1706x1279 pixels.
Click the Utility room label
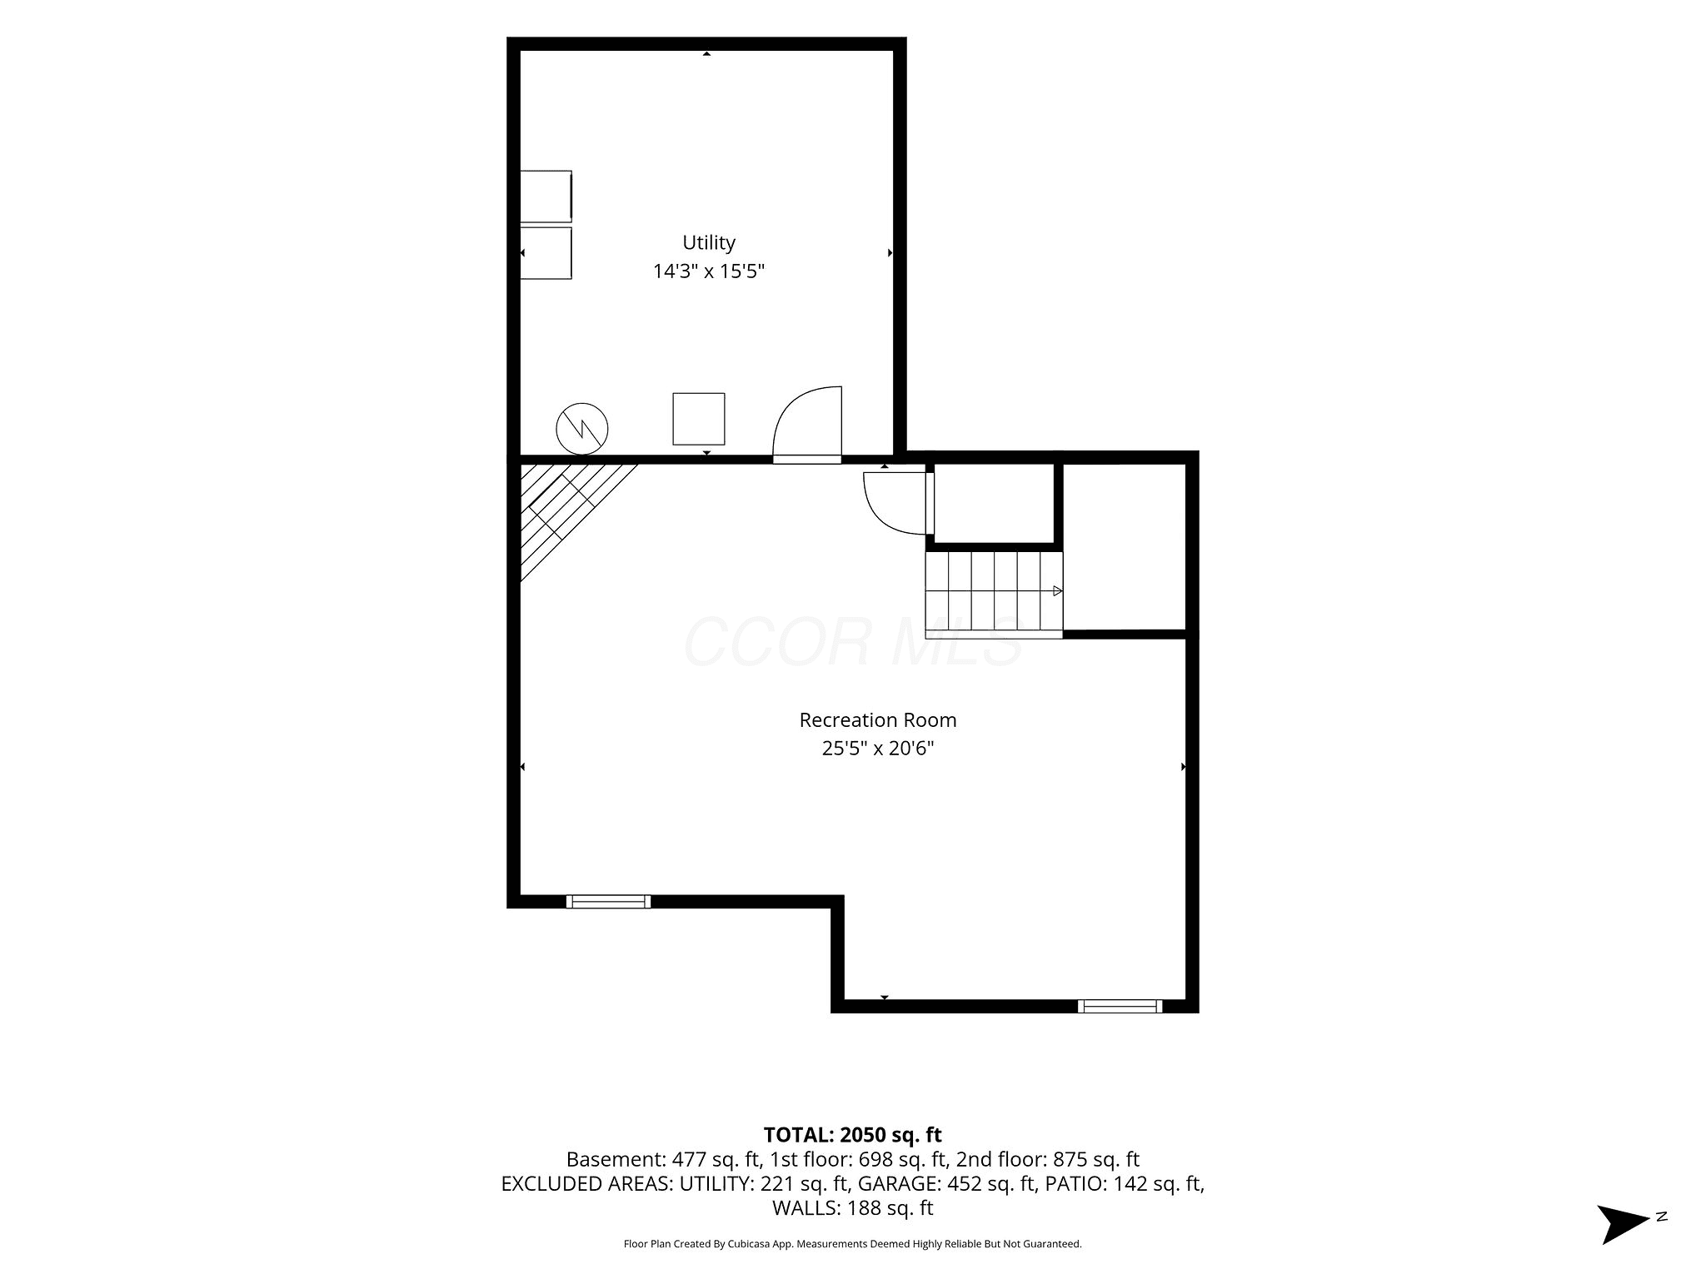[x=709, y=243]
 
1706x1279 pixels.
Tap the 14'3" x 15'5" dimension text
[x=709, y=271]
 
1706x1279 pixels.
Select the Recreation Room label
[x=878, y=719]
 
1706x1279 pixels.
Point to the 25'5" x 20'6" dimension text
[x=878, y=748]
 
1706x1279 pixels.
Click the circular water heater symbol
[x=582, y=429]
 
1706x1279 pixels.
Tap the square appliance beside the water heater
[x=699, y=419]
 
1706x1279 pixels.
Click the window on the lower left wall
[x=608, y=901]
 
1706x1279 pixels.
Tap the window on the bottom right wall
[x=1120, y=1006]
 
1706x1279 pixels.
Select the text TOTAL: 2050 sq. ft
[x=853, y=1135]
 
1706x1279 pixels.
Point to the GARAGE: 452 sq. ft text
[x=947, y=1183]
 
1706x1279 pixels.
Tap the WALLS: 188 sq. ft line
[x=853, y=1207]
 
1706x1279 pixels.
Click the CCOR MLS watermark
[x=853, y=642]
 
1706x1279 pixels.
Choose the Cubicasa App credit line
[x=853, y=1244]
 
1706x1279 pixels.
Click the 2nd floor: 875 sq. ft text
[x=1048, y=1159]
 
